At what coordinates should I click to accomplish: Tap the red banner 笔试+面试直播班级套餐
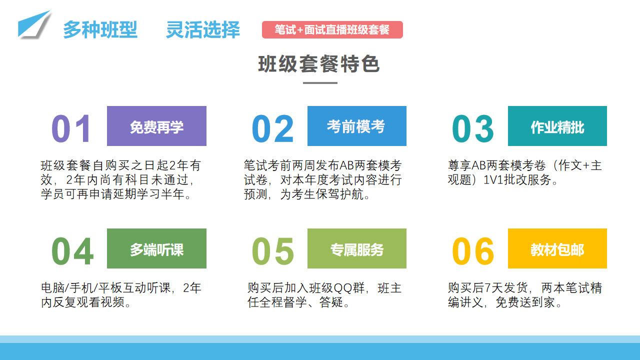(332, 29)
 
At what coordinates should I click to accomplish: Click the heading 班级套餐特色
(319, 64)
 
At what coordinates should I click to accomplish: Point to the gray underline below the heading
(320, 83)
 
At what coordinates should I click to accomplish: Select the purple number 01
(71, 128)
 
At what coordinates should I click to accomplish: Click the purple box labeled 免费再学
(156, 126)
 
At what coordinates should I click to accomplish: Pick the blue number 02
(273, 128)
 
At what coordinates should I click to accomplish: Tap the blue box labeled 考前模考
(357, 126)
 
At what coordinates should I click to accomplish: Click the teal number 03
(473, 128)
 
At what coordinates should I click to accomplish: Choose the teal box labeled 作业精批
(557, 126)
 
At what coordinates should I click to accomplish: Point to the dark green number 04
(72, 251)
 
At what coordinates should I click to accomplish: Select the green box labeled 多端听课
(156, 248)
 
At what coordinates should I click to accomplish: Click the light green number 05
(273, 251)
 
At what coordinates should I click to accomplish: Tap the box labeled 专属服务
(357, 248)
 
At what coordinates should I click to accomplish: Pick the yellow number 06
(473, 251)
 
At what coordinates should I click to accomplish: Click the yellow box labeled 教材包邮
(557, 248)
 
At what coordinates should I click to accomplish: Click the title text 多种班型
(100, 29)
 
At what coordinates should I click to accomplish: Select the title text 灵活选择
(203, 29)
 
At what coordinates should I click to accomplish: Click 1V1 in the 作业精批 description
(493, 180)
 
